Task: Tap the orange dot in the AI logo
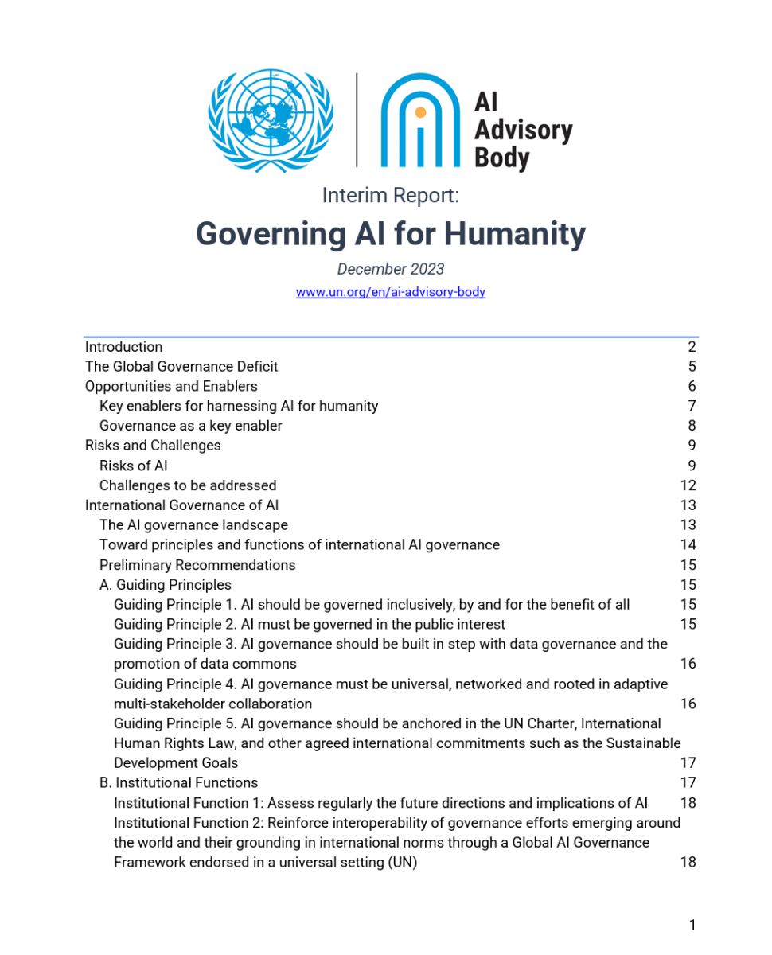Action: point(420,112)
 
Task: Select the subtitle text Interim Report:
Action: point(390,195)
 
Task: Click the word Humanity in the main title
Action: point(514,234)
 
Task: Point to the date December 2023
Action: point(390,269)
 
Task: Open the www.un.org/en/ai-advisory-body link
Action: point(390,292)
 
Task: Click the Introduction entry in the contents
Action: point(123,347)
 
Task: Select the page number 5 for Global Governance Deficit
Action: point(692,367)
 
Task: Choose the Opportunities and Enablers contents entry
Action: point(171,386)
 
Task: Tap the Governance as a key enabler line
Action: point(190,426)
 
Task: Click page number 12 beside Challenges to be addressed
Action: point(688,485)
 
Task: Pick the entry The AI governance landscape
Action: point(193,525)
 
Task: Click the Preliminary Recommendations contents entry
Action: point(197,565)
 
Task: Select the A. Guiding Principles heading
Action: point(165,585)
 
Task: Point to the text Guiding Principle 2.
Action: point(170,625)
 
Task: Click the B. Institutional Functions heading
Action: point(178,783)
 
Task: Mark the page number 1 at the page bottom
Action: point(692,925)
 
